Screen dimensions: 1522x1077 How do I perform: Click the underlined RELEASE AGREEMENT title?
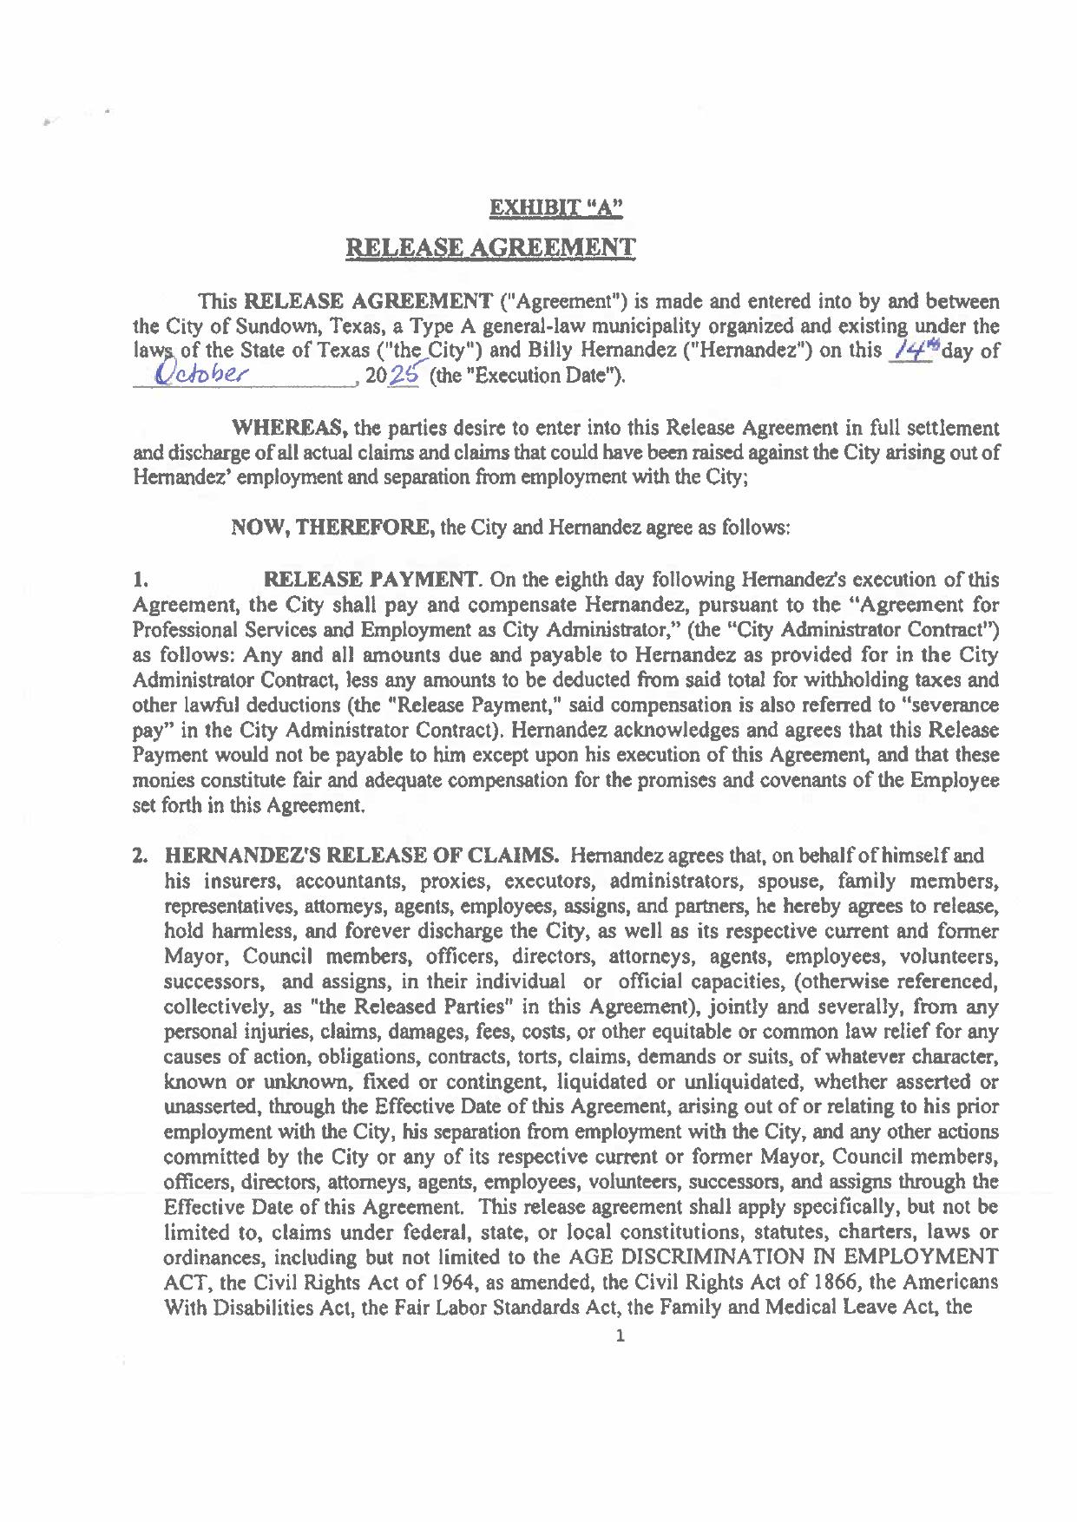[x=490, y=247]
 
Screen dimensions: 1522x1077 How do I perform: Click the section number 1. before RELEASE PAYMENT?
[x=138, y=579]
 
